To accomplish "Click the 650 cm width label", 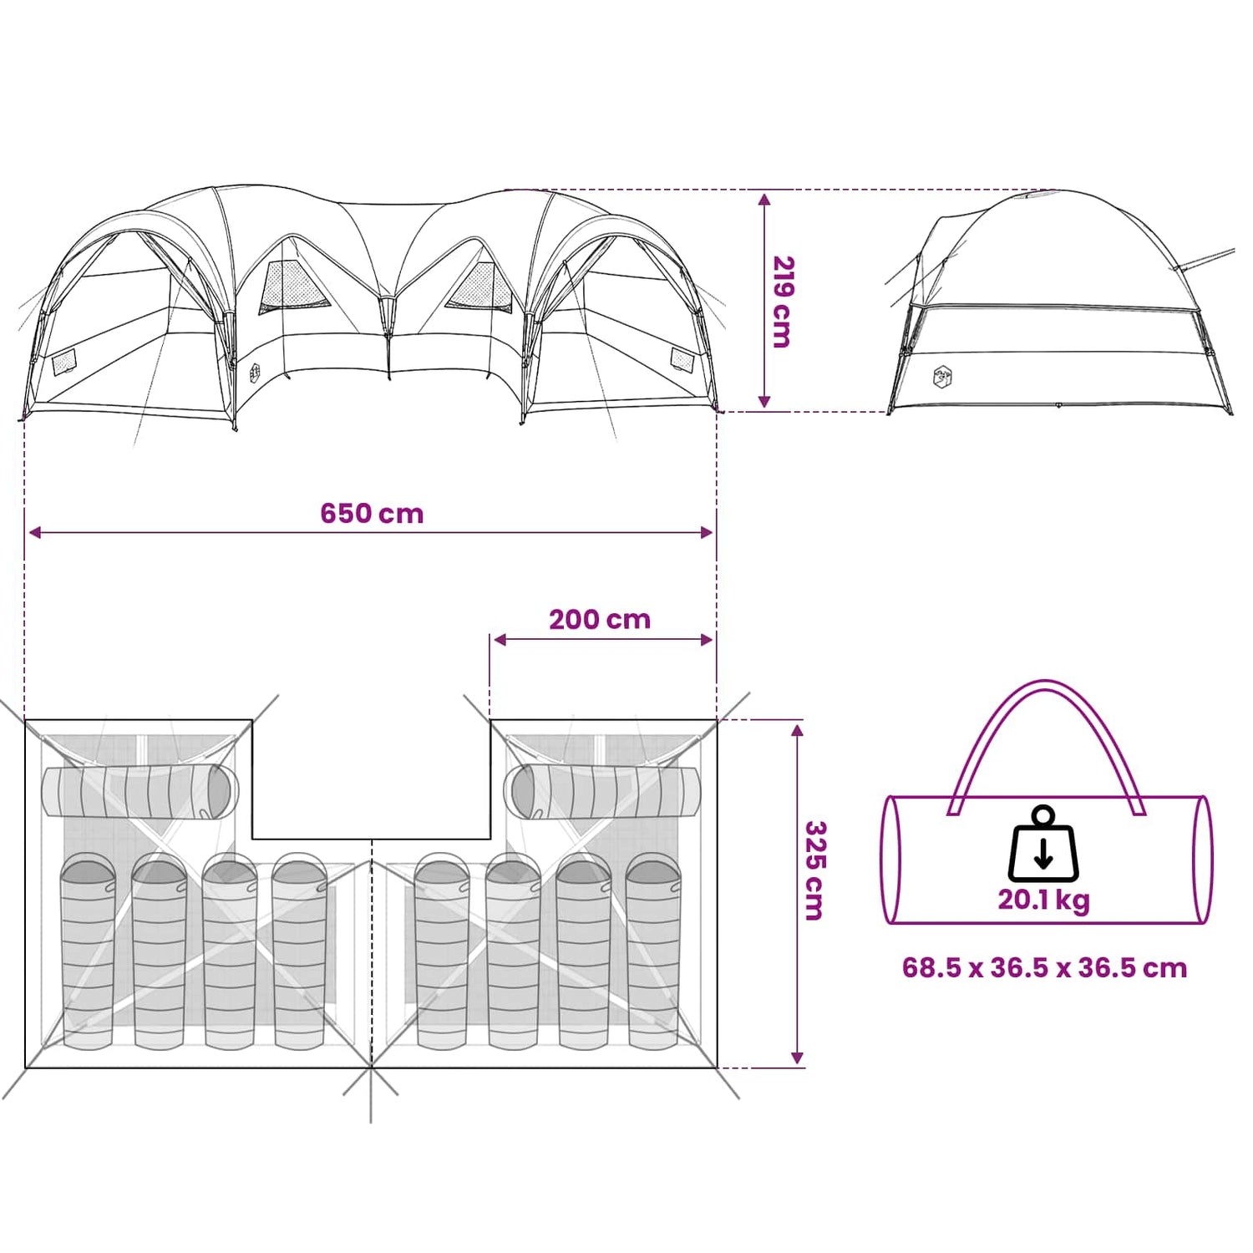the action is pyautogui.click(x=372, y=513).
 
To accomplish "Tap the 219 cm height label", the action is pyautogui.click(x=783, y=302).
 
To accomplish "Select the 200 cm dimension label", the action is pyautogui.click(x=600, y=619).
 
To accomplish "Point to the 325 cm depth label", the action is pyautogui.click(x=814, y=870).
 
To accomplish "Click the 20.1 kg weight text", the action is pyautogui.click(x=1044, y=900).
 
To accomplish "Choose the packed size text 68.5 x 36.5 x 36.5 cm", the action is pyautogui.click(x=1044, y=967).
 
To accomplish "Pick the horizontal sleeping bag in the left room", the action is pyautogui.click(x=140, y=791).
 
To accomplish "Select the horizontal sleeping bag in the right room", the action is pyautogui.click(x=601, y=791).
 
